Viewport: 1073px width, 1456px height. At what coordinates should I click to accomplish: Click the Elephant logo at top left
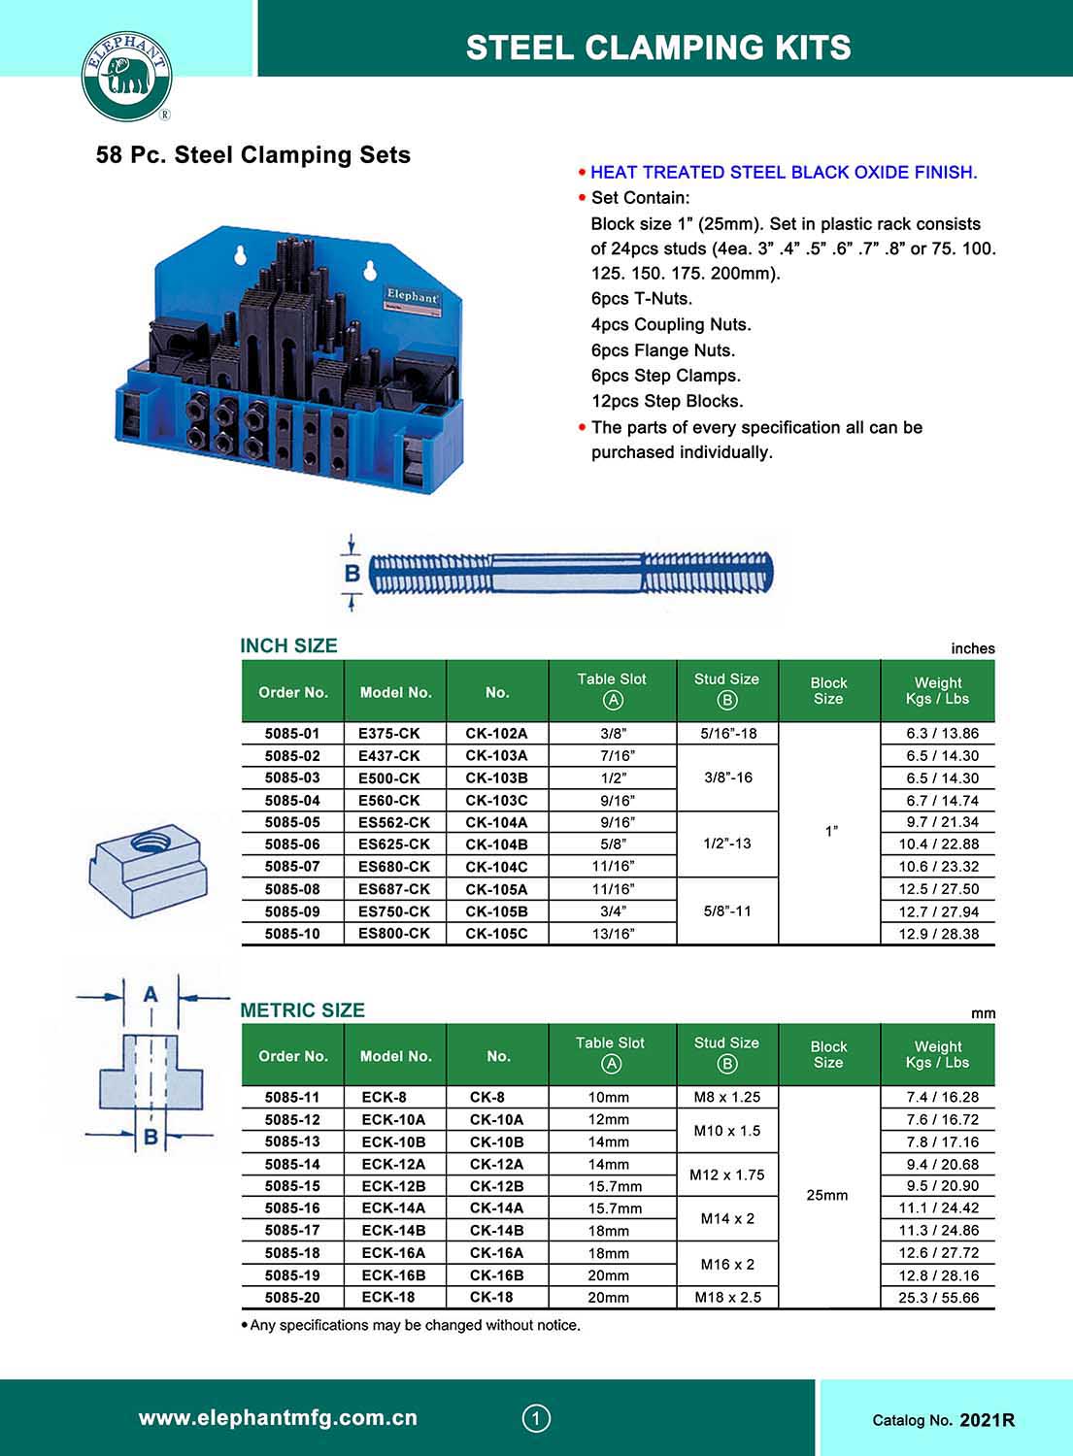[x=126, y=76]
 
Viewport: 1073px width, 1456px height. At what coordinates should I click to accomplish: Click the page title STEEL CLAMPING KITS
[x=658, y=47]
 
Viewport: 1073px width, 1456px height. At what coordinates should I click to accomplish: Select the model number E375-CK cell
[x=389, y=733]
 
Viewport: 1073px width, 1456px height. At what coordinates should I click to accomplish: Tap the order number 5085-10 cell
[x=292, y=933]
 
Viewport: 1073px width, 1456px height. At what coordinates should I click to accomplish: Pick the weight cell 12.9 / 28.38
[x=938, y=933]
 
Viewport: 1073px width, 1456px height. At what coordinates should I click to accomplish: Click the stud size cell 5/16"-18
[x=727, y=733]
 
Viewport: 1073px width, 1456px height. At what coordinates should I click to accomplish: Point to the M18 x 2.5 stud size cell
[x=727, y=1297]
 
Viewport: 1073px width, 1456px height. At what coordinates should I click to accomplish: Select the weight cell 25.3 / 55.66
[x=938, y=1297]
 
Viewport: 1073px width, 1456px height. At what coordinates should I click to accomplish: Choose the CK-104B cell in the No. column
[x=496, y=844]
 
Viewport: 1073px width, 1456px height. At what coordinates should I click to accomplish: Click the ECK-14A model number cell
[x=393, y=1208]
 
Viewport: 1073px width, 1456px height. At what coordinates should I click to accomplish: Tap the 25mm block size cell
[x=827, y=1195]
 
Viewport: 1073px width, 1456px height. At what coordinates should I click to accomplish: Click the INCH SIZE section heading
[x=288, y=645]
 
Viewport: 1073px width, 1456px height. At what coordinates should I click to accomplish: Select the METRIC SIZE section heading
[x=302, y=1009]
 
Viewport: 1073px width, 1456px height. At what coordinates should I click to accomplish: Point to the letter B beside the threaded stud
[x=352, y=573]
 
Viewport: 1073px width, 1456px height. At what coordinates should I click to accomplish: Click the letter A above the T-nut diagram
[x=151, y=994]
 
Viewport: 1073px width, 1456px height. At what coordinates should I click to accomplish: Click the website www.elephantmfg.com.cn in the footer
[x=278, y=1418]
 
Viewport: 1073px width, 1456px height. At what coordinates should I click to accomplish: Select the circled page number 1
[x=536, y=1418]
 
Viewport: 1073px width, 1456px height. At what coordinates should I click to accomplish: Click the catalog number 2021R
[x=987, y=1420]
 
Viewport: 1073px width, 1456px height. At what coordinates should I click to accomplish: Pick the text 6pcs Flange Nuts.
[x=663, y=350]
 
